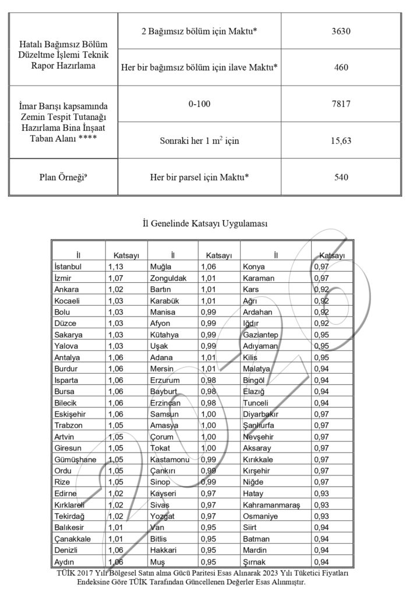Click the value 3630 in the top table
click(x=341, y=30)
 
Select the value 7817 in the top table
click(x=341, y=104)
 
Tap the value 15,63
click(x=341, y=140)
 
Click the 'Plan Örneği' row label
click(x=62, y=177)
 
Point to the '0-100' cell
click(x=199, y=104)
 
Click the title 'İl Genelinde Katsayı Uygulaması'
click(x=204, y=223)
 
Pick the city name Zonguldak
click(x=168, y=278)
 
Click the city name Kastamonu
click(x=171, y=459)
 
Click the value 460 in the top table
click(x=341, y=67)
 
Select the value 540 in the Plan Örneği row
click(x=341, y=177)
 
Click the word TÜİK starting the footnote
click(x=68, y=573)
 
